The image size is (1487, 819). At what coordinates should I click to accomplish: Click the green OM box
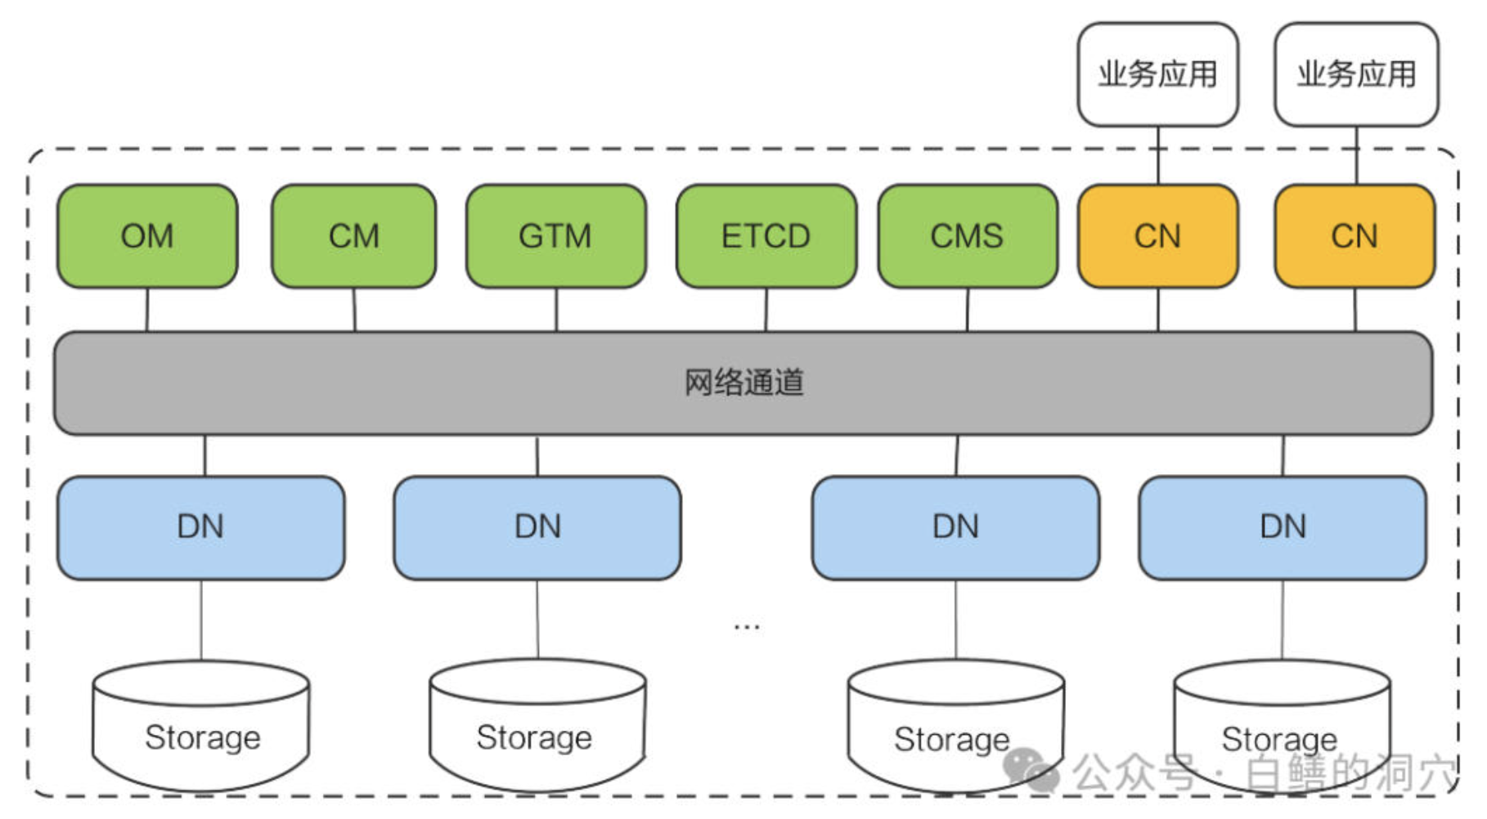coord(147,236)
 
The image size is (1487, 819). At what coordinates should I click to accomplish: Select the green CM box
coord(353,236)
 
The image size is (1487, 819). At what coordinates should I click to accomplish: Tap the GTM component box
coord(555,236)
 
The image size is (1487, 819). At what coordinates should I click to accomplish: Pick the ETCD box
coord(766,236)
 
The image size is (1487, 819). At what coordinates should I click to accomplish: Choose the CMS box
coord(967,236)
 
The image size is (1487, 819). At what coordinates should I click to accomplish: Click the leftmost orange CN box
coord(1157,236)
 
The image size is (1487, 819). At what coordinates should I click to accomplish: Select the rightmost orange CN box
coord(1354,236)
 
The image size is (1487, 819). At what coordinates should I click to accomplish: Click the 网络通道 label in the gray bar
coord(743,383)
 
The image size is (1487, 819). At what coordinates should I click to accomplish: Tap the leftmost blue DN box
coord(200,527)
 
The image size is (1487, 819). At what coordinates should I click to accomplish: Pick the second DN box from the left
coord(537,527)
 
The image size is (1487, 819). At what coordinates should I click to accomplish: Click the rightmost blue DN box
coord(1283,527)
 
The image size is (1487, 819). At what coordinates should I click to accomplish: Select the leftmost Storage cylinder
coord(201,727)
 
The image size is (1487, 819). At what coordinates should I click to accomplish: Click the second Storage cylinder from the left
coord(537,727)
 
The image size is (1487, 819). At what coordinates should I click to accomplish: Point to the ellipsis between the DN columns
coord(747,628)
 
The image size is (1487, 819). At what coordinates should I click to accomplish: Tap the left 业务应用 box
coord(1157,74)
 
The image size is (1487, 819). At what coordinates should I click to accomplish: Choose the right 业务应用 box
coord(1355,74)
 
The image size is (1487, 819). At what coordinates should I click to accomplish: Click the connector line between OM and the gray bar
coord(147,310)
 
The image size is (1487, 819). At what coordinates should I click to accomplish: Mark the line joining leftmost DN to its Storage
coord(201,620)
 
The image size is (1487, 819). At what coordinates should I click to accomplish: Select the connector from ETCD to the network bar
coord(766,310)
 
